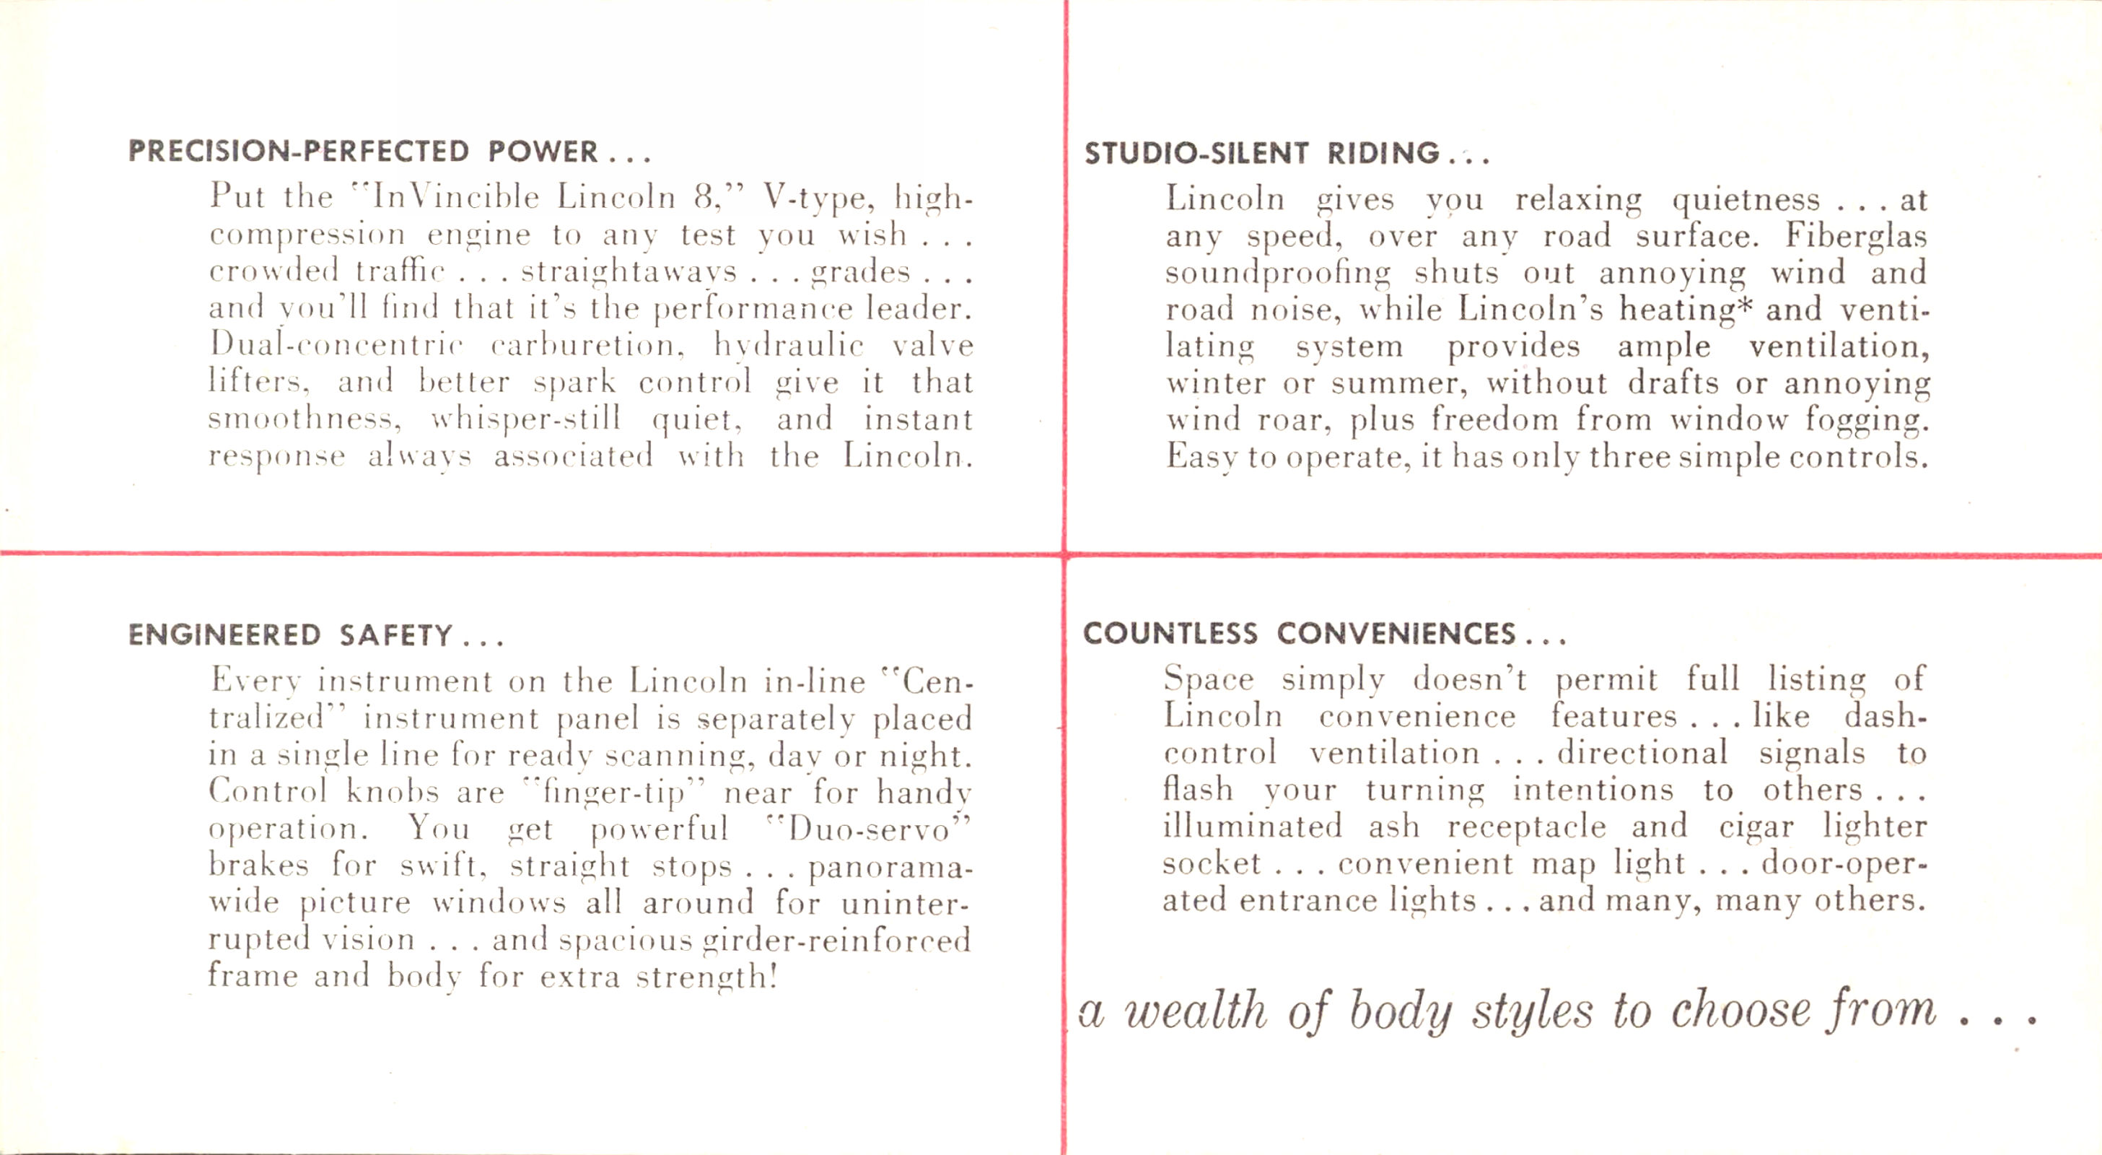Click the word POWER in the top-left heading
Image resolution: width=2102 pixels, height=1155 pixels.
pos(543,151)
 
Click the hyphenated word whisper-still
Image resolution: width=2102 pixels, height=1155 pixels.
pos(525,419)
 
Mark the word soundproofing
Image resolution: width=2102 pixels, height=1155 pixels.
pos(1278,274)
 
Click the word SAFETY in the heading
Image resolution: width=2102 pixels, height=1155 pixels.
pos(395,635)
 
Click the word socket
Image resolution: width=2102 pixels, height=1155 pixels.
pos(1212,863)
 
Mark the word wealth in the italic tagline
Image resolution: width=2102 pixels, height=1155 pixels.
pos(1196,1012)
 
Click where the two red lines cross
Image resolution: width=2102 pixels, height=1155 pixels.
pos(1065,555)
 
